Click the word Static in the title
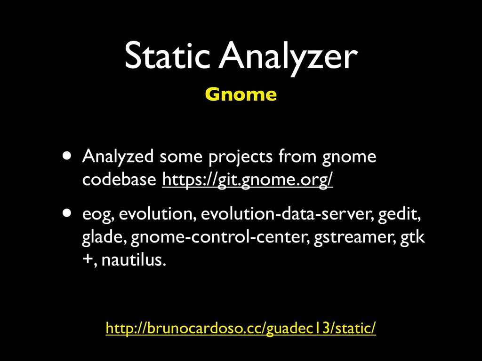click(167, 56)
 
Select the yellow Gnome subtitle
click(241, 94)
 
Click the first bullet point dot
click(67, 155)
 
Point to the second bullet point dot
click(67, 213)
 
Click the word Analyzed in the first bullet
click(118, 157)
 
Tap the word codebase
click(119, 179)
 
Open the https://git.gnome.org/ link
click(248, 180)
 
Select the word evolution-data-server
click(288, 214)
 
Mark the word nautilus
click(134, 259)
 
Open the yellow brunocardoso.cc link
click(241, 328)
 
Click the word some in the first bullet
click(181, 157)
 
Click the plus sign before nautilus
click(88, 259)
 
